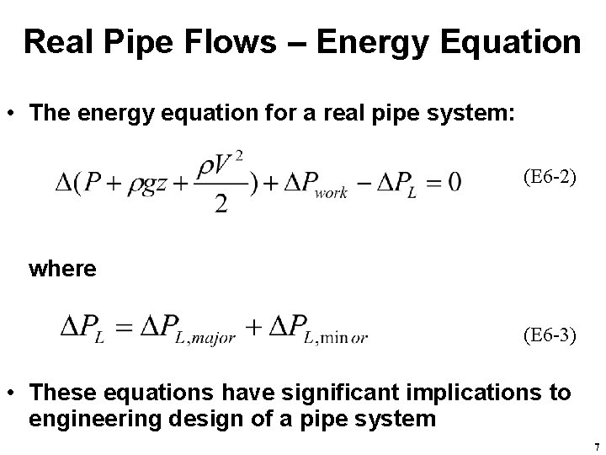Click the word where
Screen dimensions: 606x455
point(62,269)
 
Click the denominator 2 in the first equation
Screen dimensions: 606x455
point(221,206)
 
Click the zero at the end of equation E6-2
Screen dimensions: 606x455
point(454,183)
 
